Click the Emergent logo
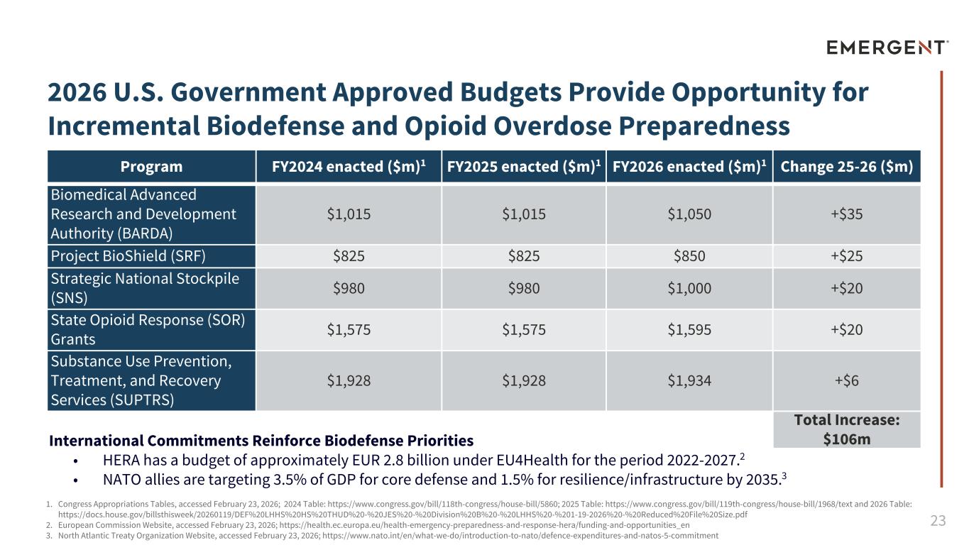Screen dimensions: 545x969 (887, 48)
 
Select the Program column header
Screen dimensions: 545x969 (151, 167)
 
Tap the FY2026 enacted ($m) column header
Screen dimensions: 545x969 (689, 167)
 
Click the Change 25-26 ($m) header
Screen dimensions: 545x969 (846, 167)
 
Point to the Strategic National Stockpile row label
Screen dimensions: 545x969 (145, 287)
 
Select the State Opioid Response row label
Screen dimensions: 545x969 (148, 329)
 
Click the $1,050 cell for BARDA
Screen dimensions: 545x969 (689, 214)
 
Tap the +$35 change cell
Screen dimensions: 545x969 (846, 214)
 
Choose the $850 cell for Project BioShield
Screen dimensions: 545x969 (689, 256)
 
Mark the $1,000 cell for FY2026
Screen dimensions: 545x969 (689, 287)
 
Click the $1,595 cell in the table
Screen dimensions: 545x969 (689, 329)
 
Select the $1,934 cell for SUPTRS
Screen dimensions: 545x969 (689, 380)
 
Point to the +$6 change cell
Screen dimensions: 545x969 (846, 380)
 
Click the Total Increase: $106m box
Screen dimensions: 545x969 (846, 429)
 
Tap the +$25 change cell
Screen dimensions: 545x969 (846, 256)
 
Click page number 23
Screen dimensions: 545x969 (938, 521)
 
